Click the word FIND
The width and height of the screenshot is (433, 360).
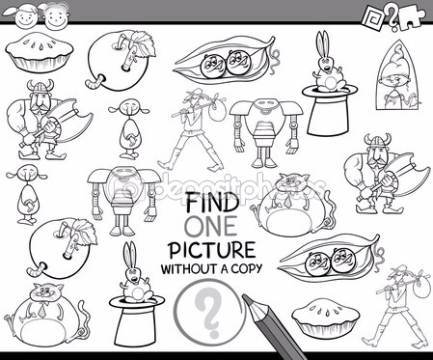[x=212, y=203]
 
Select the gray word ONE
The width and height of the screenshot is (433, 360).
[x=211, y=227]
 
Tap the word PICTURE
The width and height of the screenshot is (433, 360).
[x=212, y=251]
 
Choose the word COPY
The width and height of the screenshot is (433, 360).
[x=247, y=268]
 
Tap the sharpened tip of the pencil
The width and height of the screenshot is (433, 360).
[x=244, y=297]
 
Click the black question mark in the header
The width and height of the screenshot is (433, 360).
[x=392, y=18]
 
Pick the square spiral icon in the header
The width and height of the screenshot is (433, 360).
[x=373, y=16]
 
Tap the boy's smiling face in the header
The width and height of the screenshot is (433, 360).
[x=56, y=16]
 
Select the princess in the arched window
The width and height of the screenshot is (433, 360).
[x=398, y=76]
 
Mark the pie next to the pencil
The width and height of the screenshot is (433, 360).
[x=326, y=318]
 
